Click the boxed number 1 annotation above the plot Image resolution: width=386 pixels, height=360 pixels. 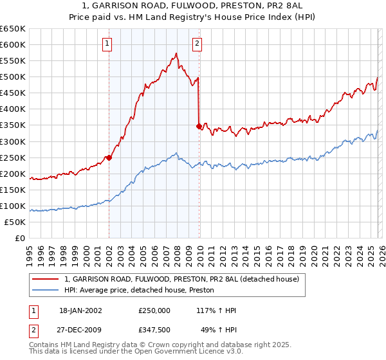[x=106, y=44]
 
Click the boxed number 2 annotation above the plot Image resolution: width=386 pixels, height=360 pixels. [x=196, y=44]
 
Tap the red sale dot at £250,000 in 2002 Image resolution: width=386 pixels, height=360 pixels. [x=109, y=157]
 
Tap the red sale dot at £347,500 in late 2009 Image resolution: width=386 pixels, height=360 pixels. [x=199, y=126]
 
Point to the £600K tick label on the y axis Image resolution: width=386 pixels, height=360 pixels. [x=13, y=45]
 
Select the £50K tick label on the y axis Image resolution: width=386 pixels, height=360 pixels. [x=15, y=222]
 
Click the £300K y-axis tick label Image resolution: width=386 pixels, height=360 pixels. [x=13, y=141]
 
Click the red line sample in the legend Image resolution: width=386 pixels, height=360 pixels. [x=46, y=280]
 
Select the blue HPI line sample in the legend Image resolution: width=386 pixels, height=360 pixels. [x=46, y=291]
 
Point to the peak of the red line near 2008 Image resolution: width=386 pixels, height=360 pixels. [x=176, y=54]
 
